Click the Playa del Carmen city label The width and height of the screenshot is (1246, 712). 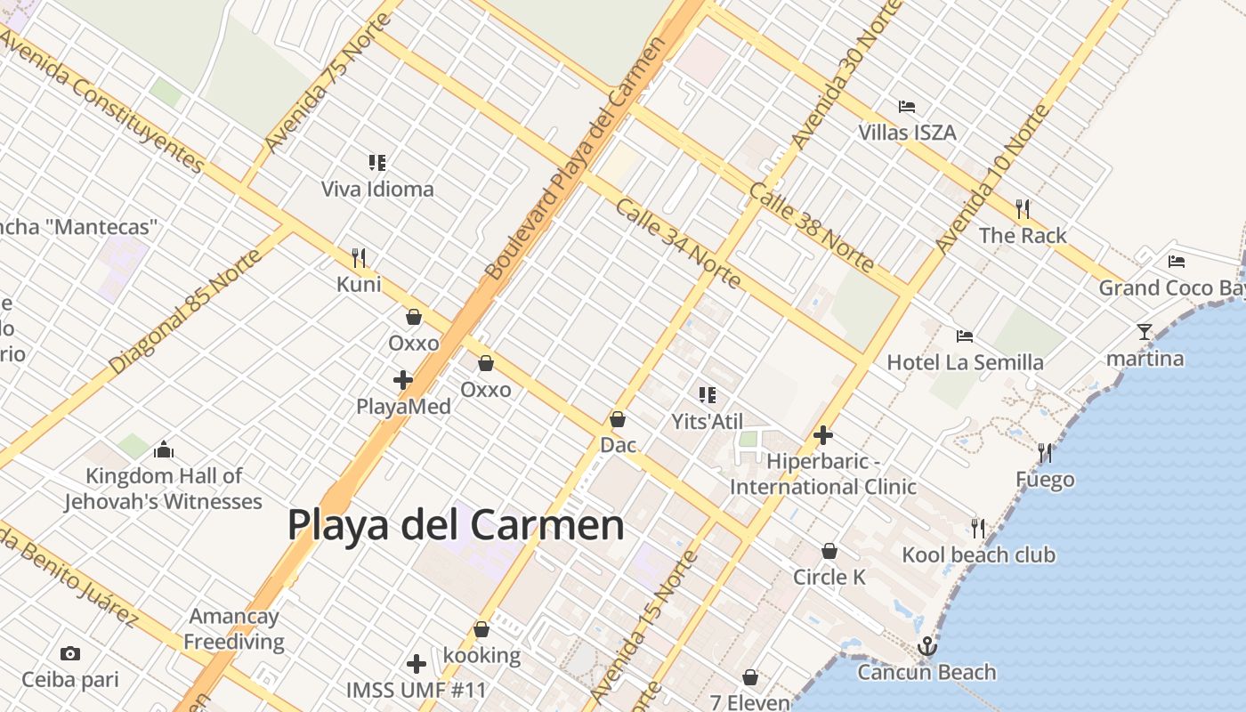[x=455, y=525]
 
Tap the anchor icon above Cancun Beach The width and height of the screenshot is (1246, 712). [x=927, y=645]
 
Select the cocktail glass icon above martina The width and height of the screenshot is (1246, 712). [x=1144, y=332]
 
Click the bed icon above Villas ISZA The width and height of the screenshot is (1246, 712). [x=907, y=107]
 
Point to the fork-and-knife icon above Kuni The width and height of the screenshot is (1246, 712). [x=359, y=258]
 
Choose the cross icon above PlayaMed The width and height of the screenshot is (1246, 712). [x=403, y=380]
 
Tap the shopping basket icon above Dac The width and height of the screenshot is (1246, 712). [x=618, y=418]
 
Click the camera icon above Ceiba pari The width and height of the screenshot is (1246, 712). [x=70, y=654]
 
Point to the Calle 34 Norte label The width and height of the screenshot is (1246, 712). [x=678, y=242]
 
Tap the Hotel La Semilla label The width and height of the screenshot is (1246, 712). [x=965, y=362]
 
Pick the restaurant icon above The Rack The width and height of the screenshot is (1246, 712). [x=1023, y=209]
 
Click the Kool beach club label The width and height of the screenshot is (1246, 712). [x=978, y=555]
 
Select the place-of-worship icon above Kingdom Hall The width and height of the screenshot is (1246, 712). [x=163, y=449]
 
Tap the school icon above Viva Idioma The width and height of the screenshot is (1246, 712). [x=377, y=163]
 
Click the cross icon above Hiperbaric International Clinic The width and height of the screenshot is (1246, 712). [x=823, y=435]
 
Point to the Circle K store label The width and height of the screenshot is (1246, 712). [x=829, y=577]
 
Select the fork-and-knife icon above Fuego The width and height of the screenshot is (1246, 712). [x=1045, y=453]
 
